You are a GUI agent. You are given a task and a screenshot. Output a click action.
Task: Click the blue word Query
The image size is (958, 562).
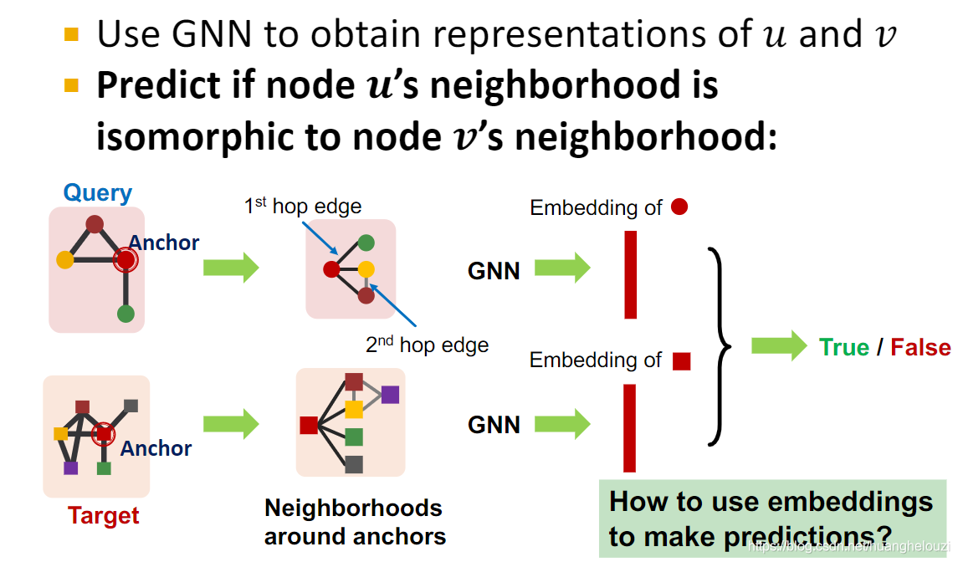98,193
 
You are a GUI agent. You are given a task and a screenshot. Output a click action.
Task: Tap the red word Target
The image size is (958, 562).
104,515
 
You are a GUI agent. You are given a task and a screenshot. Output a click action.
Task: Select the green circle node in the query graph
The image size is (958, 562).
126,314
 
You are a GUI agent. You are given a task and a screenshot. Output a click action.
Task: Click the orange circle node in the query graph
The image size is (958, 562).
65,259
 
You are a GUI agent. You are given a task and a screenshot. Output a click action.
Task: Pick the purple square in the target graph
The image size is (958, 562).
71,467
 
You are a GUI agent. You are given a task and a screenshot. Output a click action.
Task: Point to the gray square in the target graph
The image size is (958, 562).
131,406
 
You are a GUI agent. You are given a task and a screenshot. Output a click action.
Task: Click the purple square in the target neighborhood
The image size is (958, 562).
390,395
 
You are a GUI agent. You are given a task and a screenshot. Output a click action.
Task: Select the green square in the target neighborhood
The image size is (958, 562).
354,437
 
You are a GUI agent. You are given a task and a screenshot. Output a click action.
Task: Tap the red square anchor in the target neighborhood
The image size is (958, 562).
309,425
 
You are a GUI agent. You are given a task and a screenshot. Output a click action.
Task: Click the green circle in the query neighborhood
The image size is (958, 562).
366,243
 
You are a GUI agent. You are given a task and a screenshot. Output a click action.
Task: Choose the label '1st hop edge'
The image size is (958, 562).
303,206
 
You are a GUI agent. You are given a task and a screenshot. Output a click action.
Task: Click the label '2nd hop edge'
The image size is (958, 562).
427,344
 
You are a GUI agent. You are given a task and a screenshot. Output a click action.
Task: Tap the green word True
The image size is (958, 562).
844,347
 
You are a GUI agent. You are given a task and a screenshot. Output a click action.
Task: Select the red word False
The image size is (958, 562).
920,347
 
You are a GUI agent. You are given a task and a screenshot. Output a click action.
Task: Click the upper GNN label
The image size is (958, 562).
494,270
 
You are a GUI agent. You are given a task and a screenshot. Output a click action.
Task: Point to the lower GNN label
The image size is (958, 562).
494,425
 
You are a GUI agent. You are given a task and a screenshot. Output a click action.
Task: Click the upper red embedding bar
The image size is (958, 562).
631,274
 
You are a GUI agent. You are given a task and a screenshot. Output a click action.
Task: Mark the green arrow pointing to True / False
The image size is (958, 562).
778,346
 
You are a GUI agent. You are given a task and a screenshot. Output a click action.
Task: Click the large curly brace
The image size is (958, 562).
720,346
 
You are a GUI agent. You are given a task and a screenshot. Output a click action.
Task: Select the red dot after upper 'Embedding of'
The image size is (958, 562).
679,207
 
